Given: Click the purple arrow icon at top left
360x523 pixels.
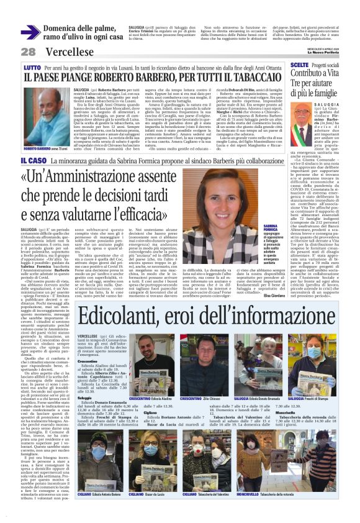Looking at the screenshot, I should [x=30, y=32].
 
